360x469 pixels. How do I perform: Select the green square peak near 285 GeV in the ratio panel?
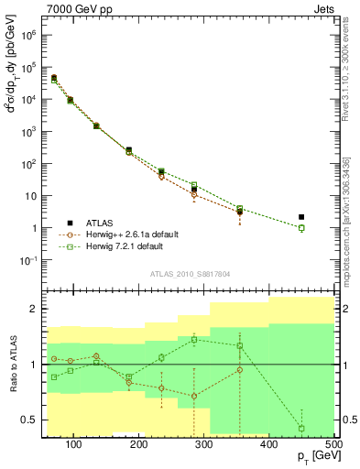coord(194,340)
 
